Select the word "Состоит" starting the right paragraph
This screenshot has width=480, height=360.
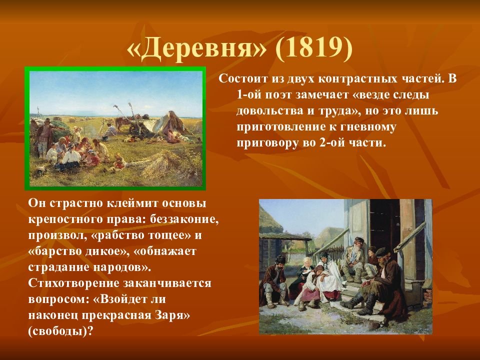[243, 78]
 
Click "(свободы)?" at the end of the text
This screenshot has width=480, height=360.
[60, 331]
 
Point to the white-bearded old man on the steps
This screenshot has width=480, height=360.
[353, 257]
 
